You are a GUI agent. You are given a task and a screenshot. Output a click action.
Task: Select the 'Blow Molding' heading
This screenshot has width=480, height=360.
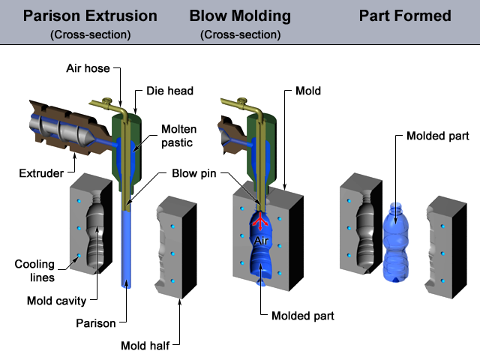pos(240,16)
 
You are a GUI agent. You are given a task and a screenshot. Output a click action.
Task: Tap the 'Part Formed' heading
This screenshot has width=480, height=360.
pos(405,16)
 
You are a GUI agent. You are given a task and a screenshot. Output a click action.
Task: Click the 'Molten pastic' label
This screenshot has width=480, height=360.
pos(179,136)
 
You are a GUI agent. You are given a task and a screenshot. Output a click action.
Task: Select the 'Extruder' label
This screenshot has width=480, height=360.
pos(42,174)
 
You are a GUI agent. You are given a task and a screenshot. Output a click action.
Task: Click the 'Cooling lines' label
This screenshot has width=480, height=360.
pos(34,271)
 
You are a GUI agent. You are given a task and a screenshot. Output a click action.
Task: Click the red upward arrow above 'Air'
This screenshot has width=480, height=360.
pos(259,221)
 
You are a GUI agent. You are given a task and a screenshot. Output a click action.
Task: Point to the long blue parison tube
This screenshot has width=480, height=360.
pos(127,247)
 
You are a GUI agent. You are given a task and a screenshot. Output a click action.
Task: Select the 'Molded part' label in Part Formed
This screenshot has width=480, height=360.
pos(437,136)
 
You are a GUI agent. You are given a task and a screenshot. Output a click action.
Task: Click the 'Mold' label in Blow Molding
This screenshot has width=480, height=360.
pos(308,91)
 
